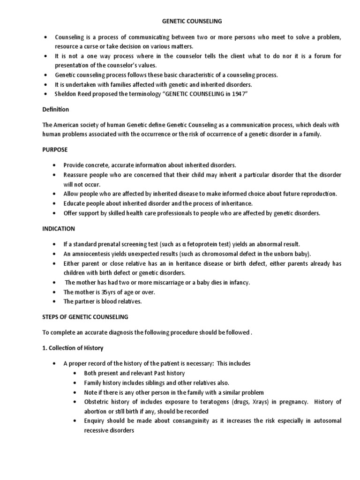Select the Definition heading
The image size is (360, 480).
click(x=55, y=110)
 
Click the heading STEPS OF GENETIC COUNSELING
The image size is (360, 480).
click(x=85, y=317)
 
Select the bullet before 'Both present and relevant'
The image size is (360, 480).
click(x=76, y=374)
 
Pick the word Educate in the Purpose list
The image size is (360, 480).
click(x=76, y=203)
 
